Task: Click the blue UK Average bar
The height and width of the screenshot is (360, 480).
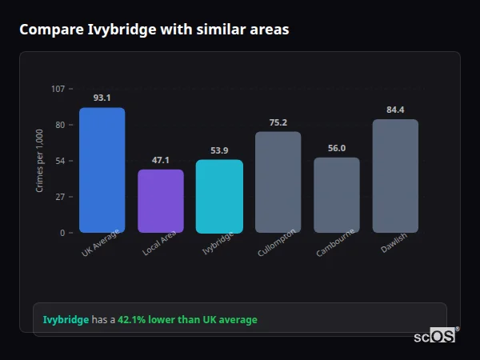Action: pos(102,170)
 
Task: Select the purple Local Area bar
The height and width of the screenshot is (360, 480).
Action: pos(160,201)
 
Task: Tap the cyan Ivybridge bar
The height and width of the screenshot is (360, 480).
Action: pos(219,196)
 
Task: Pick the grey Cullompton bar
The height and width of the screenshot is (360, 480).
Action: pos(278,182)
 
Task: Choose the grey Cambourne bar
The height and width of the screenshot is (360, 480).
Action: pos(336,195)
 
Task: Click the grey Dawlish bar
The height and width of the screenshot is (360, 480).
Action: pos(395,176)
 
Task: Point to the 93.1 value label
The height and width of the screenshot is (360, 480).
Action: pos(102,98)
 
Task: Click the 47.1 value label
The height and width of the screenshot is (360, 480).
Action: pos(160,160)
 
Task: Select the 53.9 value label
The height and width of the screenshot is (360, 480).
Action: pos(219,150)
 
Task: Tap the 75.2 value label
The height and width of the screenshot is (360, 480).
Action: pos(278,122)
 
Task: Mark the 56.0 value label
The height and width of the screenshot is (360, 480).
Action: pos(336,148)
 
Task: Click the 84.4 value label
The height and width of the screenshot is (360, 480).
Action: pos(395,110)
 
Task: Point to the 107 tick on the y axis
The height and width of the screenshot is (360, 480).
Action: pos(58,89)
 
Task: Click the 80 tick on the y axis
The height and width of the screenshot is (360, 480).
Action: pos(60,125)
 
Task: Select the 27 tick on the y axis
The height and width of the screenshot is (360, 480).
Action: pos(60,197)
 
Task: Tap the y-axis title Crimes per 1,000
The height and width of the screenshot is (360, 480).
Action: pos(40,161)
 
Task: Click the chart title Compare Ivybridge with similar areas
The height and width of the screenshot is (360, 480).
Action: pos(154,30)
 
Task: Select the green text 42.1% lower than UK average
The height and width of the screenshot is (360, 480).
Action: pos(187,320)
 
